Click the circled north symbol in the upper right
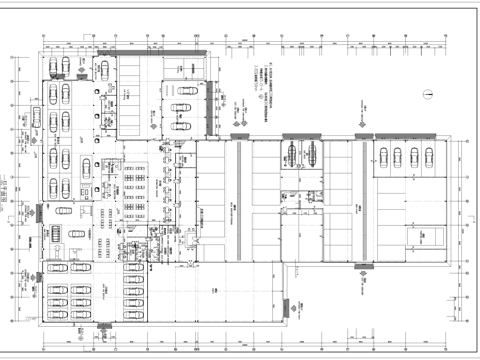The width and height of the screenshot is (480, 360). (x=427, y=96)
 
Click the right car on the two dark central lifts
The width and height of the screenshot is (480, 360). (x=311, y=151)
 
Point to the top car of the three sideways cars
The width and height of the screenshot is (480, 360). (x=182, y=87)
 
